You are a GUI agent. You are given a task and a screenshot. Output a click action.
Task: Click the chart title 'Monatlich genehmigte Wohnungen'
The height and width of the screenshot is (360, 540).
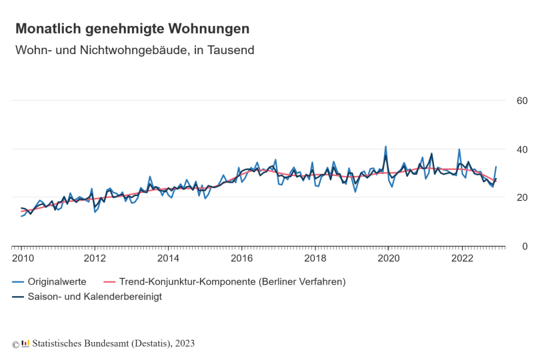(133, 29)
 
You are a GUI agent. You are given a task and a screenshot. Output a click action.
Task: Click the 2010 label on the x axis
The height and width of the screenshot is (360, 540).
(22, 258)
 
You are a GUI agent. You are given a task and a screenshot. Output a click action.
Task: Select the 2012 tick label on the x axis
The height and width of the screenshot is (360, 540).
(95, 258)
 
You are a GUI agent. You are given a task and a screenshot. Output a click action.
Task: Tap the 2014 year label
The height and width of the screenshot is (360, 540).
(169, 258)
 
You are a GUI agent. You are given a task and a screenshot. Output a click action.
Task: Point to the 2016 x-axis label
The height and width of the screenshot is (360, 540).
(242, 258)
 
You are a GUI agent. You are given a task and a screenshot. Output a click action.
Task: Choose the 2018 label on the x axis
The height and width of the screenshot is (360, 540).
(315, 258)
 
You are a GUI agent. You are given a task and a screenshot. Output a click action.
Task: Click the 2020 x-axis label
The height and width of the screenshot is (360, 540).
(389, 258)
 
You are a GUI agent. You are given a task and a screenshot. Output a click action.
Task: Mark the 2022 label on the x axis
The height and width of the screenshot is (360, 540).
(462, 258)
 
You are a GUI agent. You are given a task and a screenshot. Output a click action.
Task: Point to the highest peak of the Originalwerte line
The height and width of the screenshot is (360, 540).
(385, 147)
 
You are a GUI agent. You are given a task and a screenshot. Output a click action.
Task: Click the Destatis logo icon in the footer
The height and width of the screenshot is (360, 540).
(25, 344)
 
